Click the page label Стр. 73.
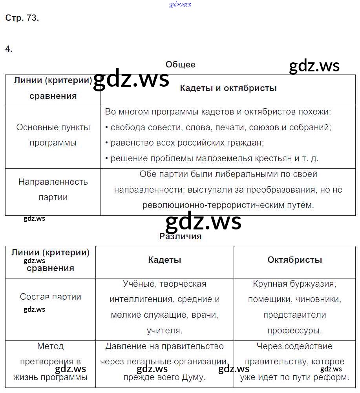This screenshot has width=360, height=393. tap(22, 18)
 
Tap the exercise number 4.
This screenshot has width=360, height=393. tap(9, 49)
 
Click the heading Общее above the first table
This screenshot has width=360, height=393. tap(180, 65)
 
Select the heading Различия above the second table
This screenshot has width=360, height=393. tap(180, 237)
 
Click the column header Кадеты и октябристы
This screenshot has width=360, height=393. tap(228, 88)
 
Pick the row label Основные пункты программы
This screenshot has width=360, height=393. tap(53, 135)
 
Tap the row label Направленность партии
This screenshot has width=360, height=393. tap(53, 189)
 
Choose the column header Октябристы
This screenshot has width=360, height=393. tap(294, 260)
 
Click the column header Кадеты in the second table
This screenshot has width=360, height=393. tap(164, 260)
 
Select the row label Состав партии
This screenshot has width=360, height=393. tap(50, 297)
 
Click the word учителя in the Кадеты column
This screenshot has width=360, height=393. tap(164, 331)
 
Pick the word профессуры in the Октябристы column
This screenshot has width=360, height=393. tap(294, 331)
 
